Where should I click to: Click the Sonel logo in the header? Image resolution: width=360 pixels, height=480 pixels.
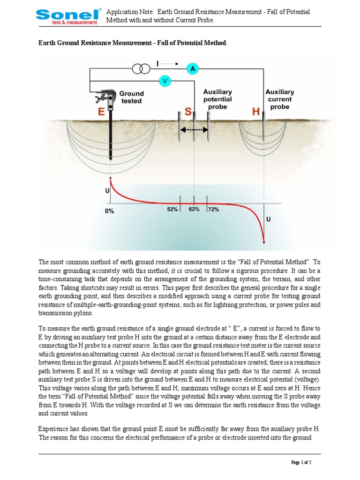click(67, 16)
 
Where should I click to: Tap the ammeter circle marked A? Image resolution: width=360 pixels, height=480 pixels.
click(192, 69)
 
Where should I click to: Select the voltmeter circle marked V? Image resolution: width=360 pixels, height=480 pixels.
click(164, 81)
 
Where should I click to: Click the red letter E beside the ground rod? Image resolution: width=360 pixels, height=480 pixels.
click(101, 112)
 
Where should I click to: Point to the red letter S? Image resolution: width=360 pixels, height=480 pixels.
click(188, 112)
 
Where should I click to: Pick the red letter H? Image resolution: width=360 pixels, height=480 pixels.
click(255, 112)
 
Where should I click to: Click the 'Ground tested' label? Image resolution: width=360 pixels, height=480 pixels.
click(131, 97)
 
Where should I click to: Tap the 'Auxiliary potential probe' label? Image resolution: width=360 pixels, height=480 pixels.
click(218, 99)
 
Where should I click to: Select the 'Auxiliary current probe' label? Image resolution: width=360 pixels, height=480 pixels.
click(280, 99)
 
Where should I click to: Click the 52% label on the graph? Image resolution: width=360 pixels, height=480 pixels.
click(172, 210)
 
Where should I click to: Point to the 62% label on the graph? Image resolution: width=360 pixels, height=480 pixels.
click(194, 210)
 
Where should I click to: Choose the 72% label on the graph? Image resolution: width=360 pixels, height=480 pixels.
click(213, 210)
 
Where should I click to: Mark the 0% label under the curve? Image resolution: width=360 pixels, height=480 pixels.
click(109, 211)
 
